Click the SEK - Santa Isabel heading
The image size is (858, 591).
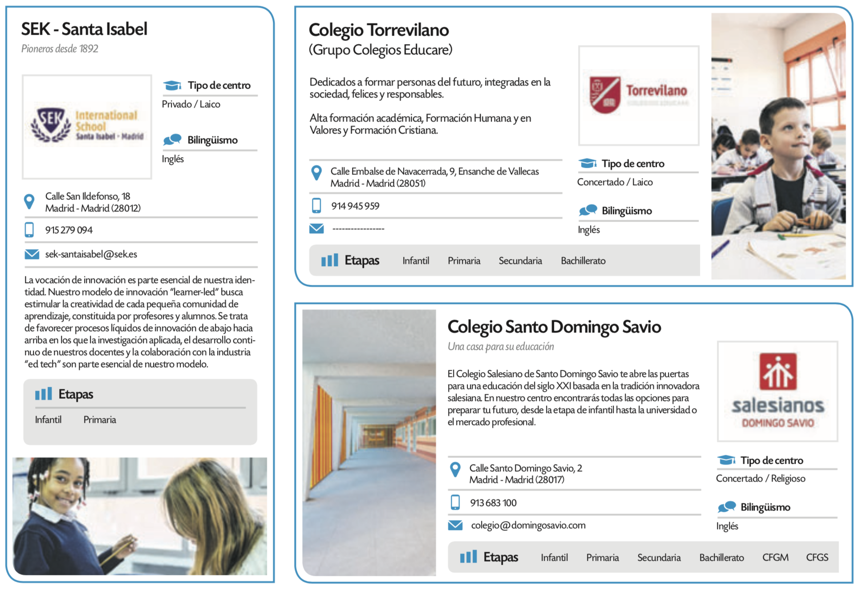84,29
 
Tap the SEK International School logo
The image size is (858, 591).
87,126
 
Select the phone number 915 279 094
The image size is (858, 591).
69,230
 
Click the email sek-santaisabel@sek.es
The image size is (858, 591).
91,254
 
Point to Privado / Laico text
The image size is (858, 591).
191,104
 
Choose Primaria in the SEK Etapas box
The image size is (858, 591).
100,420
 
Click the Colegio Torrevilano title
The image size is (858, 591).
379,30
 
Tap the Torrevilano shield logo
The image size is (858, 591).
605,95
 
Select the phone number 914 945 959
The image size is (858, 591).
355,206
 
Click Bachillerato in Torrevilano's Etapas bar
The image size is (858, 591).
583,261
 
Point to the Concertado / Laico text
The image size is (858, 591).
615,182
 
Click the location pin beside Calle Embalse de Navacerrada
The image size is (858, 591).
316,173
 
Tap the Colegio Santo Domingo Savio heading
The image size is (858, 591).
554,327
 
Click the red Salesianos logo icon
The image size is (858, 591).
778,371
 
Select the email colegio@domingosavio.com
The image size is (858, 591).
528,526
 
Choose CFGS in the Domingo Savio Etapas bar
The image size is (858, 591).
817,558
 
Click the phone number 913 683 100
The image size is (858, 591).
493,503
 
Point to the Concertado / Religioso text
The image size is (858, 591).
761,478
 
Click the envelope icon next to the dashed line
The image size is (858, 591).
316,229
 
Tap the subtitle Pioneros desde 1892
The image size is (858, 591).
60,49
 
